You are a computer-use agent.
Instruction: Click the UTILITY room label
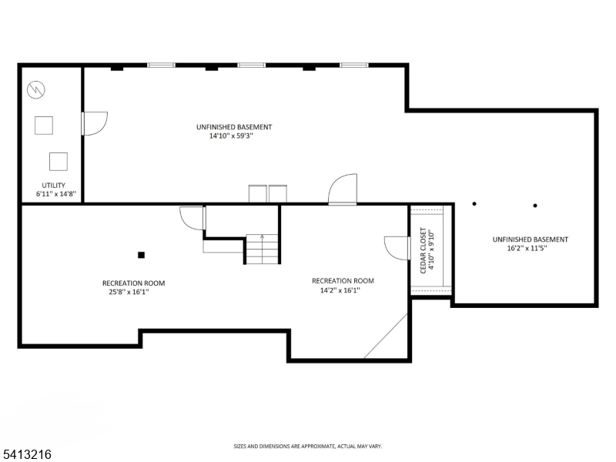point(53,185)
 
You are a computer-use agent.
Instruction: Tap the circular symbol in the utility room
point(35,91)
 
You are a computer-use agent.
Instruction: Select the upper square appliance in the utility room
point(43,125)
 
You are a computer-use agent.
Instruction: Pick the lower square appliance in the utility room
point(59,161)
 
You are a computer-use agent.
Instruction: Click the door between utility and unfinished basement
point(94,123)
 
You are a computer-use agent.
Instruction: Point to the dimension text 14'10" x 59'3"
point(231,136)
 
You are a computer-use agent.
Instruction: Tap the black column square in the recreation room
point(141,255)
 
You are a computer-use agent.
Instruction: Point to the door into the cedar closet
point(397,248)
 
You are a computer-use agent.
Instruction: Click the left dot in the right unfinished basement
point(474,204)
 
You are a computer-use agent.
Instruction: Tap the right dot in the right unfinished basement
point(535,205)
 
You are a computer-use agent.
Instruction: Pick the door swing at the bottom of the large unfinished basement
point(343,189)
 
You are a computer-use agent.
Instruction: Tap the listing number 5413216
point(27,455)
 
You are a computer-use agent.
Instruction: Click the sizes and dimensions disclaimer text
point(308,446)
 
